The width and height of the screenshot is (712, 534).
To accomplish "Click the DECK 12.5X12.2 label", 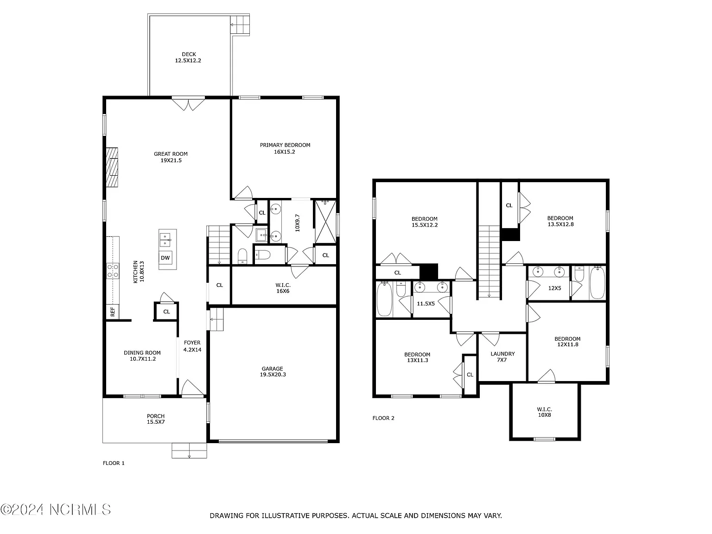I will tap(188, 57).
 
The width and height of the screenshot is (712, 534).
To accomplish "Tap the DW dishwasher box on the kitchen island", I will tap(165, 258).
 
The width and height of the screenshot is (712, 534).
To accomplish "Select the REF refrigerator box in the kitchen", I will tap(113, 311).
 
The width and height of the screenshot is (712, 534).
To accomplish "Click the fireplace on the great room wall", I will tap(112, 167).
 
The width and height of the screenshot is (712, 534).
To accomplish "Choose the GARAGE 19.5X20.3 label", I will tap(272, 372).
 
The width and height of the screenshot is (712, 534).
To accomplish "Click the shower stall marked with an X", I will tap(325, 221).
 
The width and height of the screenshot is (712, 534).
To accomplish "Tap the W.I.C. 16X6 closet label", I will tap(283, 288).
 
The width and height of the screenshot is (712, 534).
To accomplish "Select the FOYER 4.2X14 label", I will tap(192, 346).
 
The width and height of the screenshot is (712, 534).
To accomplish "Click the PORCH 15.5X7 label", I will tap(156, 419).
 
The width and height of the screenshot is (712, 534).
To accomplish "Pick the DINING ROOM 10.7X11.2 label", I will tap(142, 356).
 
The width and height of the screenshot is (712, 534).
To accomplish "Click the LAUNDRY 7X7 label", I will tap(502, 356).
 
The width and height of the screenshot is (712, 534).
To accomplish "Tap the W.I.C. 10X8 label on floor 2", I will tap(544, 412).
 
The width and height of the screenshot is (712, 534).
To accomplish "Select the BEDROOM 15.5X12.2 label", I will tap(424, 222).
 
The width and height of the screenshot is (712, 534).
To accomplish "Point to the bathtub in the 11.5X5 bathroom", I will tap(385, 299).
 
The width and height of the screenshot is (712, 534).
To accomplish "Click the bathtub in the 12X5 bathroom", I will tap(597, 283).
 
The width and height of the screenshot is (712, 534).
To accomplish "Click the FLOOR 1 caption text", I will tap(114, 463).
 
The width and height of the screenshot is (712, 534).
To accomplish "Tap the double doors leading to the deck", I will tap(188, 103).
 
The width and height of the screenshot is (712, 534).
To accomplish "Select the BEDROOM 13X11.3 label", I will tap(418, 357).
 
